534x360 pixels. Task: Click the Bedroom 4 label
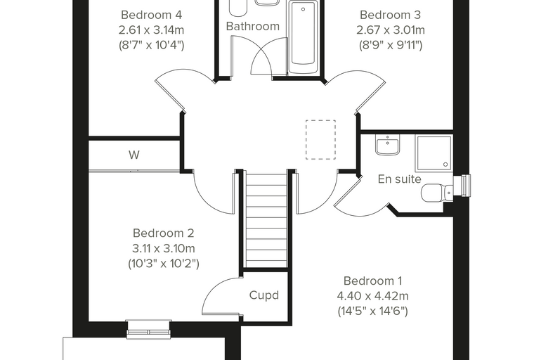pos(151,15)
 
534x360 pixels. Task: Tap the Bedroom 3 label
pos(390,15)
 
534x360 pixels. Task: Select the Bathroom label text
pos(253,26)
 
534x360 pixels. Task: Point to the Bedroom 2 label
pos(164,233)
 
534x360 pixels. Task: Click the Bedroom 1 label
pos(372,281)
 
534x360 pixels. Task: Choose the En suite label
pos(400,179)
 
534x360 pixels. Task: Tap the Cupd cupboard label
pos(264,295)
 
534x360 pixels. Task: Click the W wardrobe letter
pos(133,155)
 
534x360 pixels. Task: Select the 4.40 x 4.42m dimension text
pos(372,296)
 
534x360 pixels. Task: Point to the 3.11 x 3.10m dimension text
pos(164,248)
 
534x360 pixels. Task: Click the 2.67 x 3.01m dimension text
pos(390,30)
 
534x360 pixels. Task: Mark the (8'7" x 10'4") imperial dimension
pos(151,45)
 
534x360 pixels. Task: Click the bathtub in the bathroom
pos(303,37)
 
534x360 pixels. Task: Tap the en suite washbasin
pos(387,145)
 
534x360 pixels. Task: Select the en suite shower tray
pos(434,153)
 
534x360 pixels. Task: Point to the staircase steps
pos(266,221)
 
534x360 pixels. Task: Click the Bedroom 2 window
pos(148,330)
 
